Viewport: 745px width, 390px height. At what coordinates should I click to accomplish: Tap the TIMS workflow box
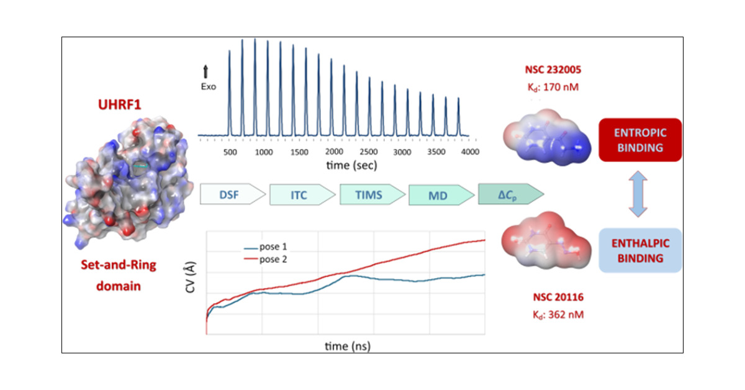pos(371,194)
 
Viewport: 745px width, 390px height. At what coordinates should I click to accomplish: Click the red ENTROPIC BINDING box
pos(640,140)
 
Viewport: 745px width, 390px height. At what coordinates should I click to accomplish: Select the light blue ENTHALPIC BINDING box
pos(640,250)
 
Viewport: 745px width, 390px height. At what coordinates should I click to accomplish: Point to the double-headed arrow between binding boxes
pos(640,195)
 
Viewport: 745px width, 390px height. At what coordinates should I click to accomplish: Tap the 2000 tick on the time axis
pos(334,152)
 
